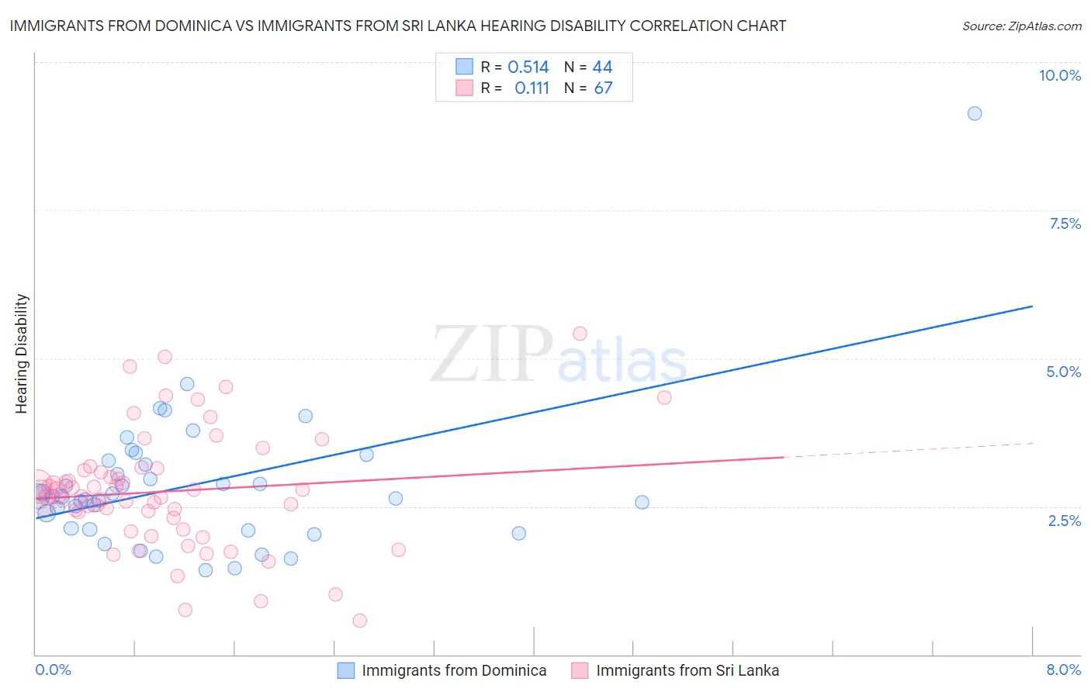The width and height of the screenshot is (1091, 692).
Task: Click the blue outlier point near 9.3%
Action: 975,113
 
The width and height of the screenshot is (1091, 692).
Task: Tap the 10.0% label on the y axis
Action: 1059,75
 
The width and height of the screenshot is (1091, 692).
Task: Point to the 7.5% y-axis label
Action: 1065,223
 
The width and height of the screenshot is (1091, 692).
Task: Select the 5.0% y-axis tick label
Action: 1063,372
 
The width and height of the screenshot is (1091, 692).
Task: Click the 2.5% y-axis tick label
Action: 1064,521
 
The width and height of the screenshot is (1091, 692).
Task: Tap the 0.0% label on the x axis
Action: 53,670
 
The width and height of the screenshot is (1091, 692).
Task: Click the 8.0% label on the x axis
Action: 1063,670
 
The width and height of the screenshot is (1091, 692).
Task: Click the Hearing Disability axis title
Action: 22,354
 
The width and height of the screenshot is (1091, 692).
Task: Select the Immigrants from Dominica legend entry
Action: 454,670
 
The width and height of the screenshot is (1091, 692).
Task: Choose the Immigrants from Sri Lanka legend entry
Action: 688,670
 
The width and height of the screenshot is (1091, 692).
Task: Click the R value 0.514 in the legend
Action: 528,67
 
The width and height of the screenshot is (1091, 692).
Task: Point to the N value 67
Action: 603,88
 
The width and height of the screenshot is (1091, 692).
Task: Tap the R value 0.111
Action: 532,88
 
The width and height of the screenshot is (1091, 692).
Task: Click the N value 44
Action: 602,67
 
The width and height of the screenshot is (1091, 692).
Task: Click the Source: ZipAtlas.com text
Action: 1021,26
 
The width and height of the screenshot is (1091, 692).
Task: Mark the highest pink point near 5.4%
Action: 580,334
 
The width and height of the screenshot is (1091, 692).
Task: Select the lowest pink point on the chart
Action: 359,621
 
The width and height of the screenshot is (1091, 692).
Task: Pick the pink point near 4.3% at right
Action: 664,397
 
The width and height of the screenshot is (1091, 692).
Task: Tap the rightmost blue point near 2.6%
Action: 642,502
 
